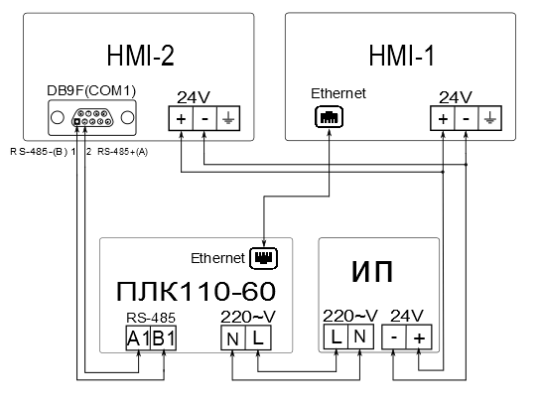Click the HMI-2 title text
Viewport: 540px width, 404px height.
pyautogui.click(x=141, y=56)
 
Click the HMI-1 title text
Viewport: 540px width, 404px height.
pyautogui.click(x=402, y=56)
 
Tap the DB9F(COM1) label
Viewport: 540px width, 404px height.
pyautogui.click(x=91, y=90)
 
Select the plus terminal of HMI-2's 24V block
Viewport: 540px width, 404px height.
pyautogui.click(x=181, y=118)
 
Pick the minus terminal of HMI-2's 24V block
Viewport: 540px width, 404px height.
pyautogui.click(x=204, y=118)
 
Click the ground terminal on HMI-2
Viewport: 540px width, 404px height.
pyautogui.click(x=228, y=118)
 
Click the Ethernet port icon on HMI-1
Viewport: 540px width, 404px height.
pyautogui.click(x=329, y=117)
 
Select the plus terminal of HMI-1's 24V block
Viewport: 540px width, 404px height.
pyautogui.click(x=443, y=118)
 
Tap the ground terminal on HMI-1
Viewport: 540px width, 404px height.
pyautogui.click(x=489, y=118)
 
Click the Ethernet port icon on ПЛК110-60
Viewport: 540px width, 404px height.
pyautogui.click(x=263, y=258)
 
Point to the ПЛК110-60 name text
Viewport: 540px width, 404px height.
pyautogui.click(x=196, y=292)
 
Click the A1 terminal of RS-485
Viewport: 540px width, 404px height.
pyautogui.click(x=138, y=337)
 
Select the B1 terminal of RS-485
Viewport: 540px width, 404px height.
pyautogui.click(x=164, y=337)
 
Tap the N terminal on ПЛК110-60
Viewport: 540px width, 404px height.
pyautogui.click(x=233, y=337)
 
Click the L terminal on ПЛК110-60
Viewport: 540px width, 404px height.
pyautogui.click(x=258, y=337)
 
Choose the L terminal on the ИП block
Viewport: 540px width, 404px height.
pyautogui.click(x=336, y=337)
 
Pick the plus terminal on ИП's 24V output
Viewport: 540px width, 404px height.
pyautogui.click(x=419, y=337)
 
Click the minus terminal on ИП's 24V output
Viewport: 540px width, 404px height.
pyautogui.click(x=394, y=337)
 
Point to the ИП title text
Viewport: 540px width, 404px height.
pyautogui.click(x=372, y=271)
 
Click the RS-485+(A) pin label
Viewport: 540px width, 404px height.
pyautogui.click(x=123, y=152)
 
